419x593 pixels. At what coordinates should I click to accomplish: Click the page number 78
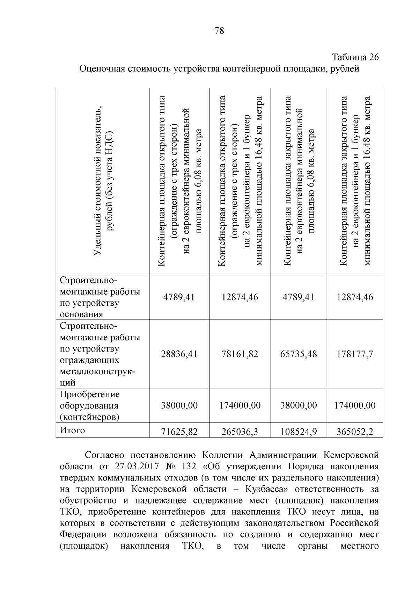[219, 31]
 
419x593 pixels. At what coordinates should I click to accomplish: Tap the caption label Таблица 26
[355, 57]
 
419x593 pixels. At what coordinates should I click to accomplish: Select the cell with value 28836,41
[179, 354]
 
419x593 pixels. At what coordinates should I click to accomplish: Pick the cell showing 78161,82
[240, 354]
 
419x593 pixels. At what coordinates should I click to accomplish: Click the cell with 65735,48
[299, 354]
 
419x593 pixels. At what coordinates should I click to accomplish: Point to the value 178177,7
[355, 354]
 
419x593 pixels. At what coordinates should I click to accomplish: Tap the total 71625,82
[179, 432]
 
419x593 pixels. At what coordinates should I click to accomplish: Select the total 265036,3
[240, 432]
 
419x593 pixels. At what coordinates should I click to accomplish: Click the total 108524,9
[299, 432]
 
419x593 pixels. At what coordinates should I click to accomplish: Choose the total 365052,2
[355, 432]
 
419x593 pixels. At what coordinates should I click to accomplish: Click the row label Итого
[72, 430]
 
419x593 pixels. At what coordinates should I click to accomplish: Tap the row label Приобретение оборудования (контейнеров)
[90, 405]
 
